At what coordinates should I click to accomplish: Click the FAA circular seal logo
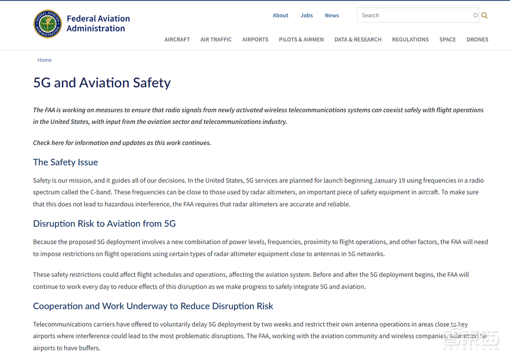(47, 24)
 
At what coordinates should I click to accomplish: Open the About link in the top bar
(280, 15)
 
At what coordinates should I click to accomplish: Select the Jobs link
(307, 15)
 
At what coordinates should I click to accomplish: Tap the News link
(331, 15)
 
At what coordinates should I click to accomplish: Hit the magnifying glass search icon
(484, 15)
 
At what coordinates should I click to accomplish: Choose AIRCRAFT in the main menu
(177, 39)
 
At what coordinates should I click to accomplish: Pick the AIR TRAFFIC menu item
(216, 39)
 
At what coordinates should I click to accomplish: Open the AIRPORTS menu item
(255, 39)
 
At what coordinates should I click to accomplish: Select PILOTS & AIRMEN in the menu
(301, 39)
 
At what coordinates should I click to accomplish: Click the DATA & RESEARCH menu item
(358, 39)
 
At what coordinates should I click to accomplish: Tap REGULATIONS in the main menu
(410, 39)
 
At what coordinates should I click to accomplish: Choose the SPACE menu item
(447, 39)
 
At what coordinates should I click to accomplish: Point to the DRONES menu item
(477, 39)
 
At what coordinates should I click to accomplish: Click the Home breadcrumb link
(44, 60)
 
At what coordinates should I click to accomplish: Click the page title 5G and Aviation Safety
(102, 83)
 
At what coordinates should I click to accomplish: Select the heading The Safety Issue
(65, 162)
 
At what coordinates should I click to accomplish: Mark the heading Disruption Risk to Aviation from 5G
(104, 223)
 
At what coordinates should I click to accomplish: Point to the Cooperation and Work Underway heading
(153, 306)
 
